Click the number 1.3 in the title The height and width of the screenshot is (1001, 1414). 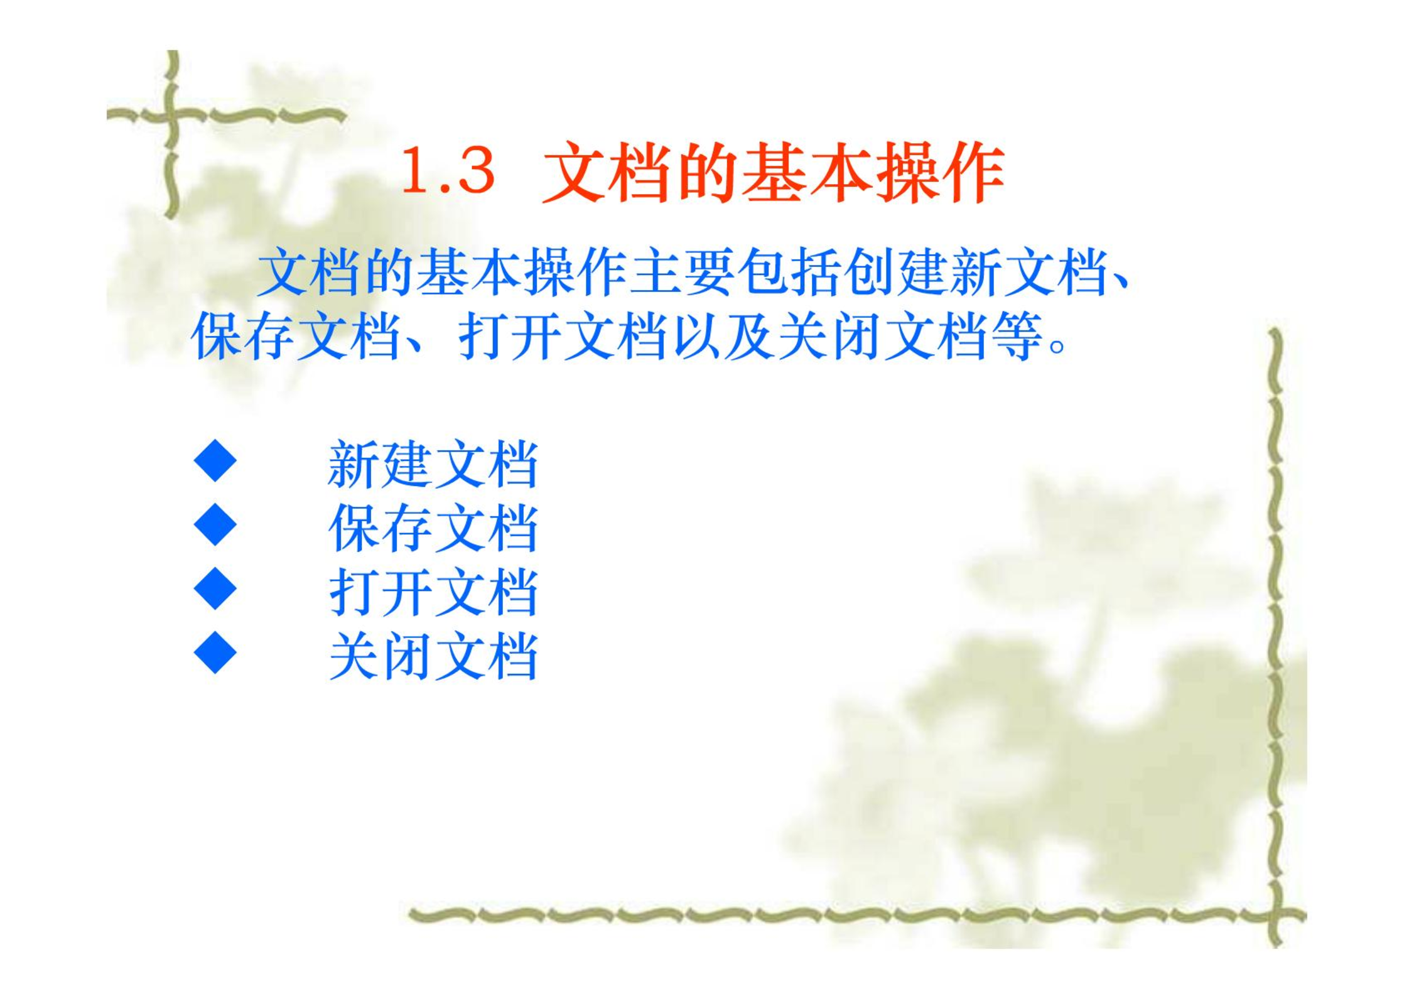[448, 171]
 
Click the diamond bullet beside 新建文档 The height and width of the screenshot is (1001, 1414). [215, 461]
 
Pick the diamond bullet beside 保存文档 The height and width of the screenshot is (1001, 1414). [215, 524]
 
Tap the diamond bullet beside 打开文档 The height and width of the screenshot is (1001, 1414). [215, 588]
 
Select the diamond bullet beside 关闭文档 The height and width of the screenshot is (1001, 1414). [215, 652]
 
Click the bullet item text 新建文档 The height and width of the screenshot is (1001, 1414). [433, 465]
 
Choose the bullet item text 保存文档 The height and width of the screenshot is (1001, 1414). [433, 529]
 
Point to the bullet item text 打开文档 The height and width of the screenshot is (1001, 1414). [433, 593]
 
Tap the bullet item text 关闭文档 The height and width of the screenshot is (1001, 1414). [433, 657]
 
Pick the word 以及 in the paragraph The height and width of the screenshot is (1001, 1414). [723, 336]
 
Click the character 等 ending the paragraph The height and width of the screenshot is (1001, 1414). [1018, 336]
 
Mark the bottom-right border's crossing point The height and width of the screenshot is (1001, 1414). [1275, 916]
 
